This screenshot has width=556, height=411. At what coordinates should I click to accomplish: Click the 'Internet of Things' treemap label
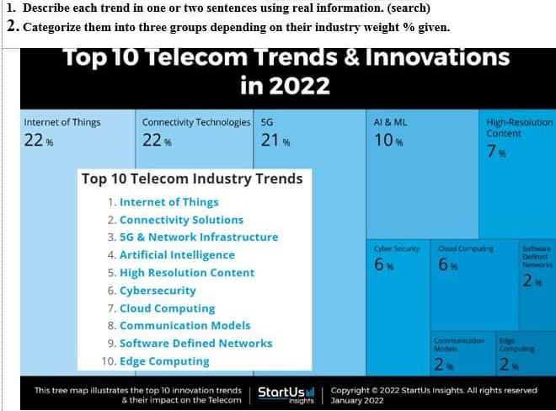(x=62, y=122)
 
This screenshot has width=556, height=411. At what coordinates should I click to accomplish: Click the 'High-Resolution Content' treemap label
(x=519, y=128)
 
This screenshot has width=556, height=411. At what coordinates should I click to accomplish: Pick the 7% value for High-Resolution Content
(x=495, y=152)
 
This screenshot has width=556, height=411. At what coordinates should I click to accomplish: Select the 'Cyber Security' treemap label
(x=396, y=249)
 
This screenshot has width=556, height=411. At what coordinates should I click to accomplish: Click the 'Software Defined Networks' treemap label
(x=537, y=256)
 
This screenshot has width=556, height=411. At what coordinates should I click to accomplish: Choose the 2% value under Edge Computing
(x=507, y=365)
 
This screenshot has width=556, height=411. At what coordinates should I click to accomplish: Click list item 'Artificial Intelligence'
(x=177, y=254)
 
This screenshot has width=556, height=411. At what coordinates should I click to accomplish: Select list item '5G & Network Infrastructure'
(x=198, y=237)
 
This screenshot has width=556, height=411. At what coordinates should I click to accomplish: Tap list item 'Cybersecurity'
(x=158, y=290)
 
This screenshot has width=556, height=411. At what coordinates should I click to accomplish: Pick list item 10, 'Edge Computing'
(x=164, y=360)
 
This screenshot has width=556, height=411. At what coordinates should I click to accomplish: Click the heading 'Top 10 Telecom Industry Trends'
(x=191, y=179)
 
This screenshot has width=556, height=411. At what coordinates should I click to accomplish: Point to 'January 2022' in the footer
(x=357, y=400)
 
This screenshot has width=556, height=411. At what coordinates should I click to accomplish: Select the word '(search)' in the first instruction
(x=409, y=8)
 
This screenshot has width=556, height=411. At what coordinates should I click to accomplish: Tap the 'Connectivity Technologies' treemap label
(x=196, y=122)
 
